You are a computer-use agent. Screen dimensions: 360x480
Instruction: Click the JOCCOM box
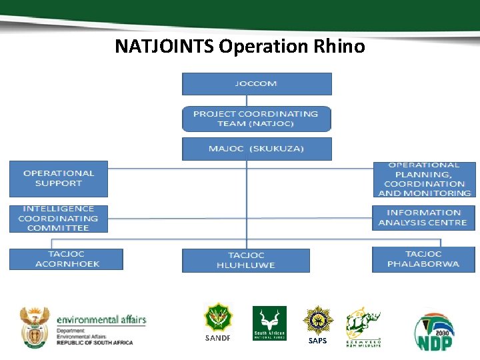pyautogui.click(x=257, y=84)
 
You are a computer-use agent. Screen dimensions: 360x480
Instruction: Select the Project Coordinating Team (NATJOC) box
pyautogui.click(x=257, y=119)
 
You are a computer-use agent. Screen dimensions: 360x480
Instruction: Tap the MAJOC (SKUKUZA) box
pyautogui.click(x=257, y=149)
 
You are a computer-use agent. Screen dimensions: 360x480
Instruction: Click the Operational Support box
pyautogui.click(x=59, y=178)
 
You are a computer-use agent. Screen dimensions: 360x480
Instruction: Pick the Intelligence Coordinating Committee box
pyautogui.click(x=59, y=219)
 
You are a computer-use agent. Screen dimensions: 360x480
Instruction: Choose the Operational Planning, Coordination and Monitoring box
pyautogui.click(x=424, y=179)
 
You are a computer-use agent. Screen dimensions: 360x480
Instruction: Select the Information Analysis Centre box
pyautogui.click(x=423, y=218)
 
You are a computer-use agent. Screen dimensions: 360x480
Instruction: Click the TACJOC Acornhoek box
pyautogui.click(x=66, y=259)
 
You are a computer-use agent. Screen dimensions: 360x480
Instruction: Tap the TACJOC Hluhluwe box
pyautogui.click(x=246, y=260)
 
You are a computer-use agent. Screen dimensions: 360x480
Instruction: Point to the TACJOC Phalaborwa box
pyautogui.click(x=423, y=259)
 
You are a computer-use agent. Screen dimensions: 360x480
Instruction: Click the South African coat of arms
pyautogui.click(x=35, y=327)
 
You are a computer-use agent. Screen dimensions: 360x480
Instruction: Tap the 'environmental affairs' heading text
pyautogui.click(x=101, y=320)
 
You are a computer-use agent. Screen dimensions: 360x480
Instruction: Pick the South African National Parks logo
pyautogui.click(x=269, y=324)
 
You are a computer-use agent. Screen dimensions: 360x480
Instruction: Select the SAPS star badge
pyautogui.click(x=318, y=320)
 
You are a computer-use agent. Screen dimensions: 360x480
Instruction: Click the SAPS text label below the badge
pyautogui.click(x=318, y=341)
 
